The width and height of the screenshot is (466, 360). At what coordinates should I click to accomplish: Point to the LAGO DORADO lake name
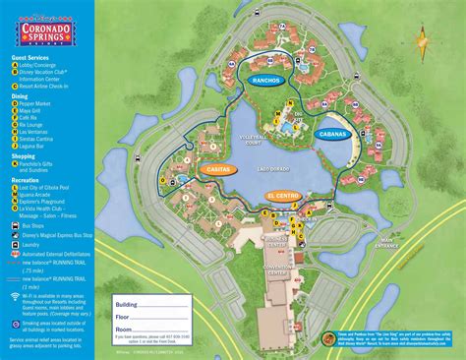point(275,170)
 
